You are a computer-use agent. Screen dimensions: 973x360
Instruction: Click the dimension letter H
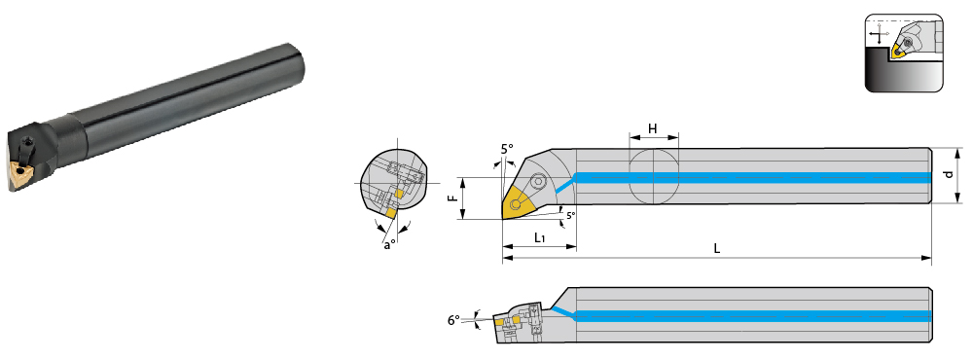[653, 128]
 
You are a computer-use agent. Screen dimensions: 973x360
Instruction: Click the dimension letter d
[948, 175]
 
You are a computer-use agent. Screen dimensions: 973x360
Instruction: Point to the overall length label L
[717, 249]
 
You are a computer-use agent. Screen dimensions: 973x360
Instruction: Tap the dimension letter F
[453, 198]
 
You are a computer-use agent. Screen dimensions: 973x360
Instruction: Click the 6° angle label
[453, 320]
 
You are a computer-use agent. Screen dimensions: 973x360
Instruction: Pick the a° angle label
[388, 245]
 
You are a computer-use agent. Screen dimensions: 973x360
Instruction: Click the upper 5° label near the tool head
[508, 149]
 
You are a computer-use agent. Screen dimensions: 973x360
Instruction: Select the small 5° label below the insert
[570, 215]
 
